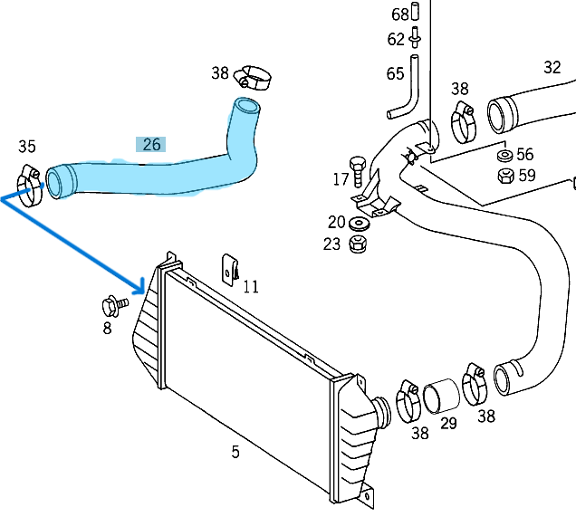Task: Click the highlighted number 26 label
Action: [150, 144]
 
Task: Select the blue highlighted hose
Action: [163, 174]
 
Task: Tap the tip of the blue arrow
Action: [143, 290]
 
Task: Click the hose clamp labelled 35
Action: [30, 186]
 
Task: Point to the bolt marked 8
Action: [113, 303]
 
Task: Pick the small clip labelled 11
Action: [231, 268]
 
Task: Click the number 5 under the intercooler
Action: [235, 452]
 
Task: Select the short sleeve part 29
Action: [441, 396]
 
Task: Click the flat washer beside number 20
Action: [360, 223]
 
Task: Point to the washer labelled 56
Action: [504, 156]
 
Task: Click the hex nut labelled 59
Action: [504, 175]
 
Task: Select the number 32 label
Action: [552, 67]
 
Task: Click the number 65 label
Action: [396, 73]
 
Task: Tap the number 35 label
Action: [27, 147]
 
